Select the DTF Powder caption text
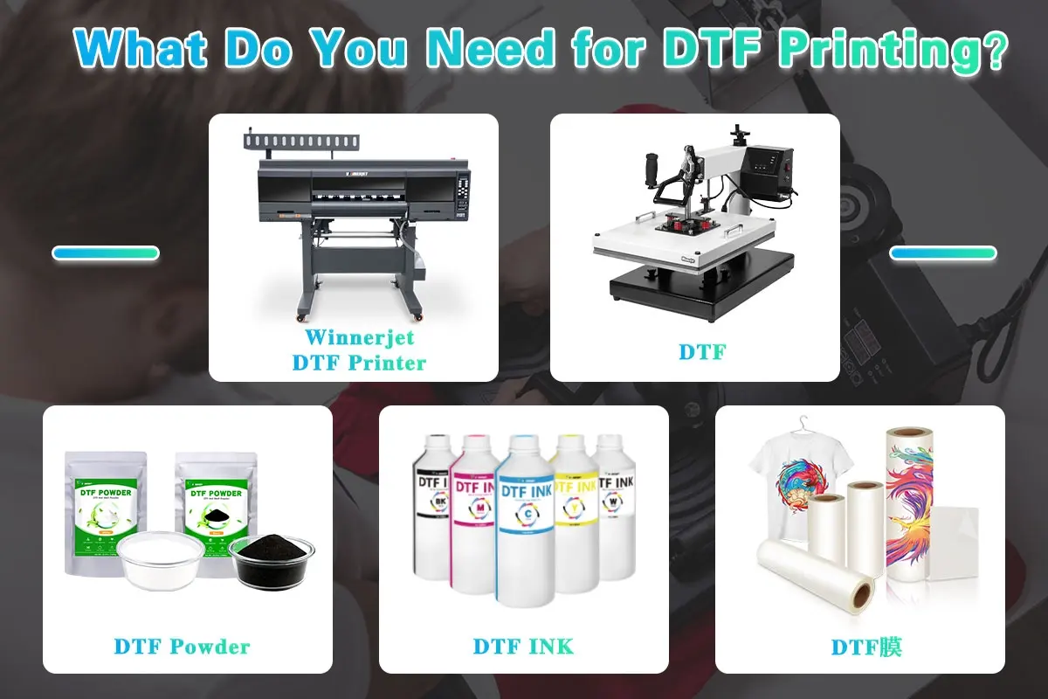182,647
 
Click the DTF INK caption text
523,647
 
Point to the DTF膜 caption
866,647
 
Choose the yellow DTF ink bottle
575,516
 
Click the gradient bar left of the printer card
106,253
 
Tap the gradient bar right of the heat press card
942,253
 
